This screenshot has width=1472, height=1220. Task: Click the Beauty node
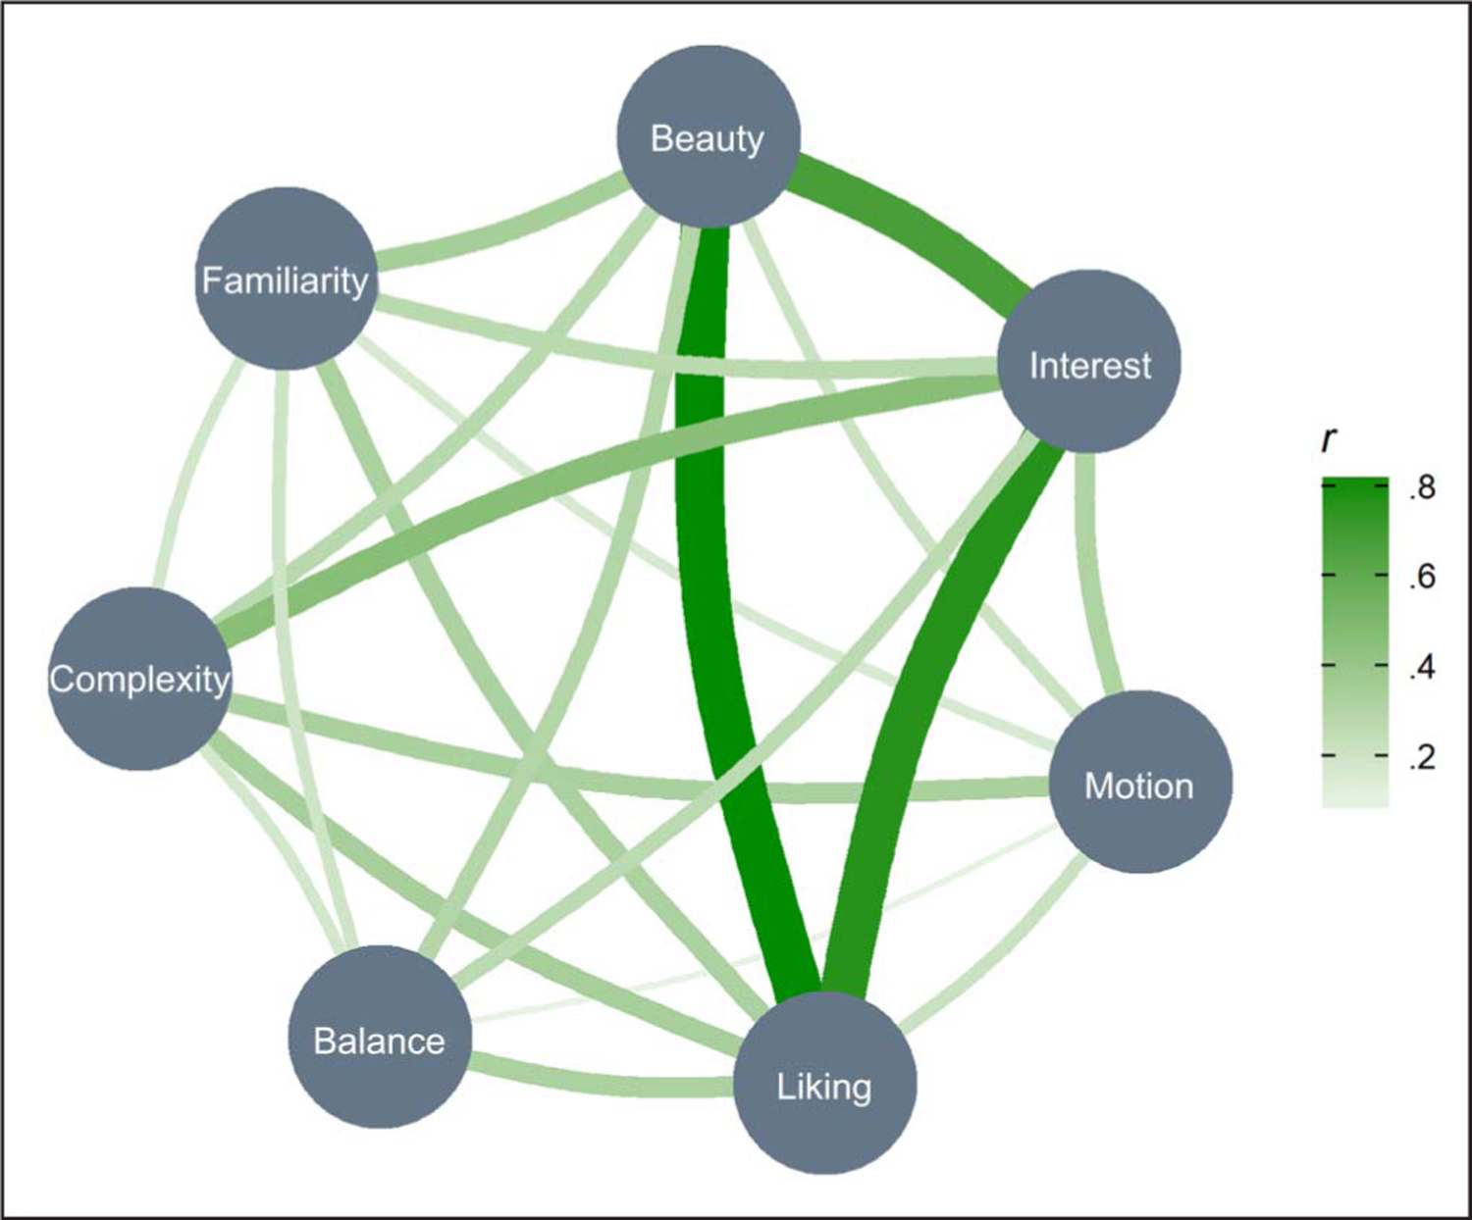tap(708, 136)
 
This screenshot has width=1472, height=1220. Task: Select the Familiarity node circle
tap(285, 280)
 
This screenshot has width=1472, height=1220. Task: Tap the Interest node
tap(1089, 363)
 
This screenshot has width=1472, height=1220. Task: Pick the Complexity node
tap(138, 679)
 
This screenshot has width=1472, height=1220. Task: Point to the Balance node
tap(380, 1038)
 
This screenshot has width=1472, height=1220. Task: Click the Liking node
tap(824, 1083)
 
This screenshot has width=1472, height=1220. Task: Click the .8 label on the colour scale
tap(1422, 487)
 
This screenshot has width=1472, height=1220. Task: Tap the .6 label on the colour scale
tap(1422, 577)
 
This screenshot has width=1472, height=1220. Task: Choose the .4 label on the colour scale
tap(1422, 667)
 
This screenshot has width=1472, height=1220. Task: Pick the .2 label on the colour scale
tap(1422, 756)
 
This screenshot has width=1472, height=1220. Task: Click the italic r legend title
tap(1330, 440)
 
